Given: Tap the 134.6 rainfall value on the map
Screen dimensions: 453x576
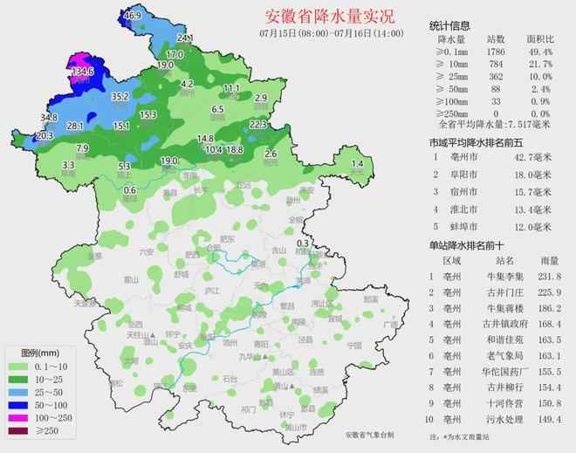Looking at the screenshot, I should point(82,71).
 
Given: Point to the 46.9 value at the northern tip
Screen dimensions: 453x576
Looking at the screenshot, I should point(132,16).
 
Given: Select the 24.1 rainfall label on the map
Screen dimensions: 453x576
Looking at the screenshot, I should point(185,38).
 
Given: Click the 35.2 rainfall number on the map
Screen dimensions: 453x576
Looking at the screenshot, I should point(120,96).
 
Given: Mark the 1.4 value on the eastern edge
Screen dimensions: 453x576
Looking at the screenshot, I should point(356,164).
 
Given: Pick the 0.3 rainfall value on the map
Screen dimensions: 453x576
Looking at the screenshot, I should point(303,243).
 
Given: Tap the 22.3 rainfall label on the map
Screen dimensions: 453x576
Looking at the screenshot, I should point(257,125).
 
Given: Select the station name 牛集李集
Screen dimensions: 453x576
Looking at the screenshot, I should point(498,276).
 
